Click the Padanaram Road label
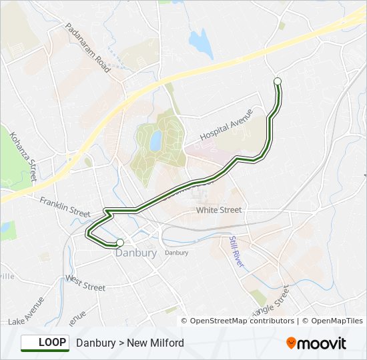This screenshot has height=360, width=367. coord(87,48)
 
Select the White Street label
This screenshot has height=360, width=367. coord(218,210)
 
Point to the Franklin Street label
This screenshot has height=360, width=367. coord(65,206)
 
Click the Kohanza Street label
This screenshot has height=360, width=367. coord(23,156)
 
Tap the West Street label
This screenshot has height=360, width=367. coord(85,283)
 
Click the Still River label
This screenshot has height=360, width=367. coord(237,252)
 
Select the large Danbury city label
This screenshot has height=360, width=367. coord(136,253)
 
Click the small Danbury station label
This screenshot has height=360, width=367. coord(176,253)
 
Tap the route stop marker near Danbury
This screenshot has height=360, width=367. coord(119,243)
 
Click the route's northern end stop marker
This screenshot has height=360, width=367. coord(278,81)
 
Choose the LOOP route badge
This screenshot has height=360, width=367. coord(45,343)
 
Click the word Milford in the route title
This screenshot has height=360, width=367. coord(166,343)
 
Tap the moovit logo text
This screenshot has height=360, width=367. coord(322,343)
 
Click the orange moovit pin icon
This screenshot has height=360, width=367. coord(291,343)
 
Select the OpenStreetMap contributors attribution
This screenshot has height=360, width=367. coord(242,321)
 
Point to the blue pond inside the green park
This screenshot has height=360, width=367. coord(155,141)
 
